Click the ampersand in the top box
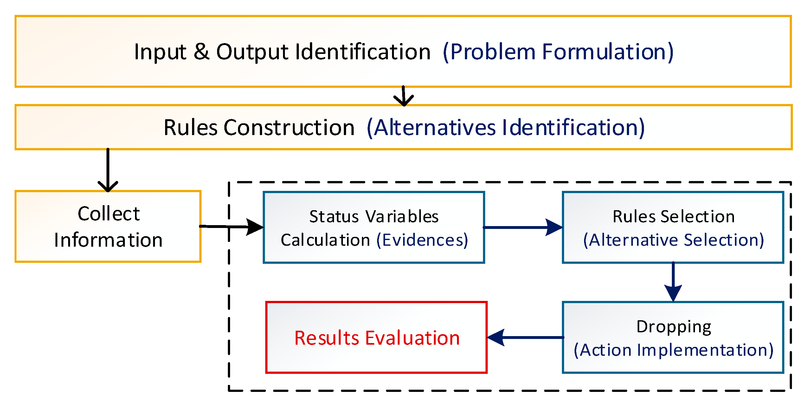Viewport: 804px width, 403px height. tap(201, 52)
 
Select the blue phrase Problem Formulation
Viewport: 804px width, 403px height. tap(558, 52)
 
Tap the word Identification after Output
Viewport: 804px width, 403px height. tap(363, 52)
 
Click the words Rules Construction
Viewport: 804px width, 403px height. tap(259, 127)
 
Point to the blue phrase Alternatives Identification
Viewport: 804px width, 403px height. tap(506, 127)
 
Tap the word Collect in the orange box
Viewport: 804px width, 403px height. tap(109, 214)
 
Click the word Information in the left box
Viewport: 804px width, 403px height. tap(108, 240)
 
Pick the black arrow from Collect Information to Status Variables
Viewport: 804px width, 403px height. tap(231, 227)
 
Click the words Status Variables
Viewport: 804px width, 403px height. tap(374, 217)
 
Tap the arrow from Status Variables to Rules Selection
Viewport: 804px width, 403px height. tap(523, 227)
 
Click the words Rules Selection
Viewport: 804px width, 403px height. tap(673, 217)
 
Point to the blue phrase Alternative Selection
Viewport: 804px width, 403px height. tap(673, 240)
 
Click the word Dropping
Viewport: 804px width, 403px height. tap(674, 327)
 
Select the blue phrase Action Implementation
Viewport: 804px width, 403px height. tap(674, 350)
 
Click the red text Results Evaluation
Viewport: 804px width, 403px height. tap(377, 338)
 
